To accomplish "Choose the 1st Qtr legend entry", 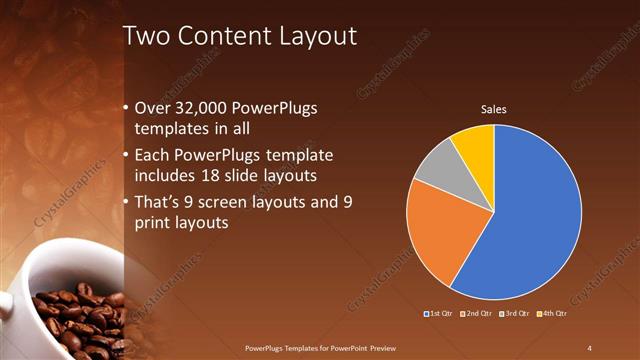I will (x=439, y=314).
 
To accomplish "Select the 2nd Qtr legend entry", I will (x=477, y=314).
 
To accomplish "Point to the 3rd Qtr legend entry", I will (x=515, y=314).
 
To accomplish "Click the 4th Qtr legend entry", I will (x=552, y=314).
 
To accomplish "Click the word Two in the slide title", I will (x=146, y=37).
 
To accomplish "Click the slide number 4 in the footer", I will (x=590, y=347).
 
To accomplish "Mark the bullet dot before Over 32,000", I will (x=126, y=108).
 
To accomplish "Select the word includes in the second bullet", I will (x=166, y=177).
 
